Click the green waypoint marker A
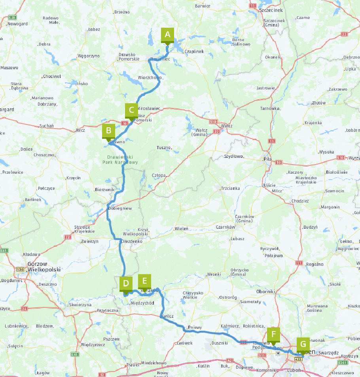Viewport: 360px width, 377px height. (167, 35)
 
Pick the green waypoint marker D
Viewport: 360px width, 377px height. (125, 283)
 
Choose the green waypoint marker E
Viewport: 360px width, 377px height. (144, 281)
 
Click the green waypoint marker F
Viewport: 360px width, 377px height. (273, 334)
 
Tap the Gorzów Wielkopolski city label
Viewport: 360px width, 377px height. (44, 267)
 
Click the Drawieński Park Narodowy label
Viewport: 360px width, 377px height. (120, 160)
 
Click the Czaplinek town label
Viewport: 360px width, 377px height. (194, 51)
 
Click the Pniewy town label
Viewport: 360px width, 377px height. (195, 328)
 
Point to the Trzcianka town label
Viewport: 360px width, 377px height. (230, 188)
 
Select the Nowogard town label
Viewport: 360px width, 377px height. (17, 24)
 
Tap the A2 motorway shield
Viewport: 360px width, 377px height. (229, 361)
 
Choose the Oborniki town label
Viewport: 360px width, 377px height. (265, 292)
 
